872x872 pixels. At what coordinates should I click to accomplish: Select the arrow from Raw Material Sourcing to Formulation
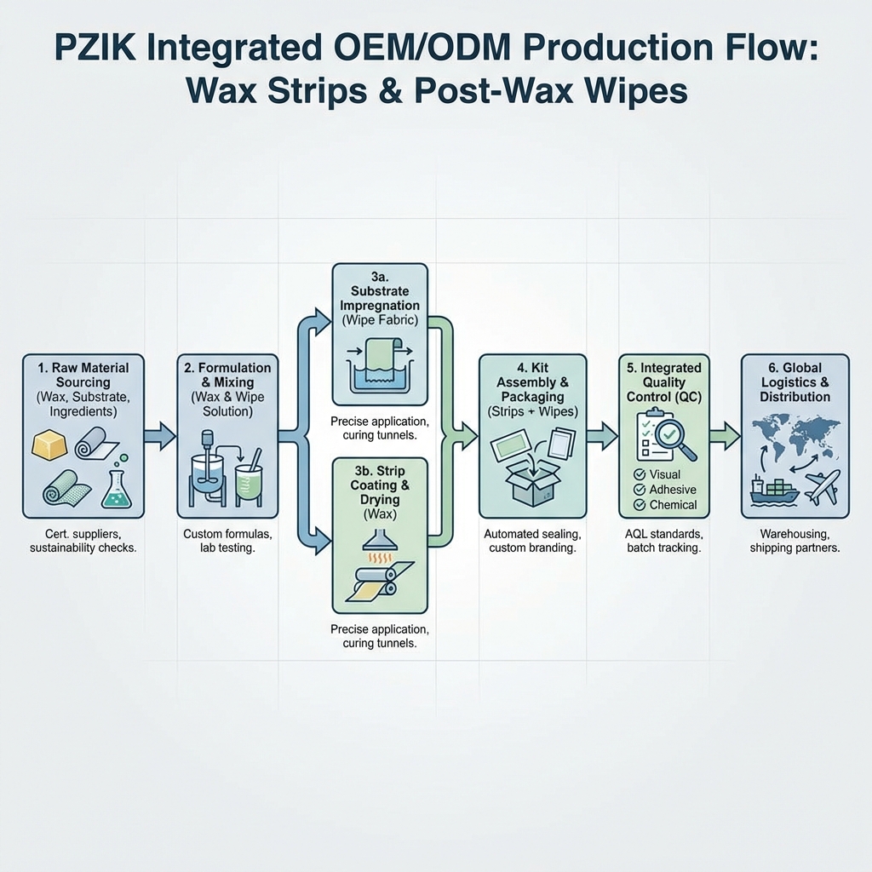click(x=159, y=437)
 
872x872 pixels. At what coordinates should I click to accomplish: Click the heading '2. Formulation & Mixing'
click(x=227, y=375)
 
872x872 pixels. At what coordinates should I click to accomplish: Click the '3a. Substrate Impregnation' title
click(x=379, y=298)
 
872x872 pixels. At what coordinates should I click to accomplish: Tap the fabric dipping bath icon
click(x=381, y=365)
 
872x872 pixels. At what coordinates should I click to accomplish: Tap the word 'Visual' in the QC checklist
click(x=664, y=474)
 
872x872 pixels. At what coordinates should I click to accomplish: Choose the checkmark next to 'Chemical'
click(x=640, y=505)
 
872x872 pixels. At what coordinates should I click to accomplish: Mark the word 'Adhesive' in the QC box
click(x=673, y=490)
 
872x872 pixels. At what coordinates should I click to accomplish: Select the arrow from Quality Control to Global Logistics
click(x=725, y=437)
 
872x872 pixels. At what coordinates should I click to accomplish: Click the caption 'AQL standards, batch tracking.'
click(x=663, y=541)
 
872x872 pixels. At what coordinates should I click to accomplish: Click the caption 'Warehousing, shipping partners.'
click(x=795, y=541)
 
